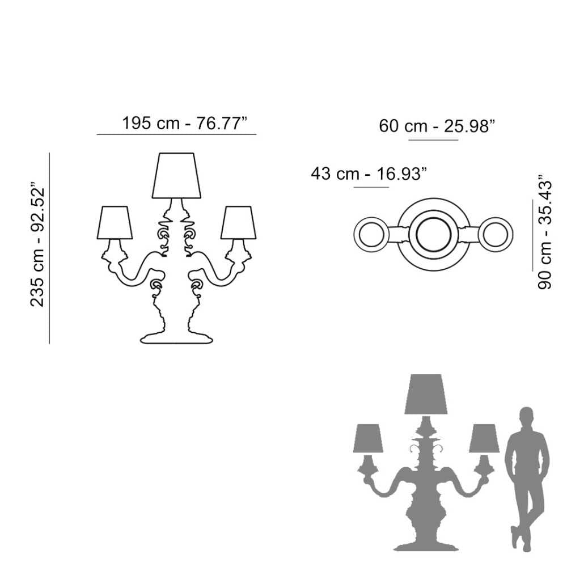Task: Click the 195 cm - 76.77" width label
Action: coord(184,123)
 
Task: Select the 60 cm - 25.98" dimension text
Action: coord(437,126)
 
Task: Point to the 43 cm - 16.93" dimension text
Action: coord(369,174)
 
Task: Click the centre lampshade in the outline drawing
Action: coord(176,176)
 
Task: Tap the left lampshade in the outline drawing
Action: coord(115,222)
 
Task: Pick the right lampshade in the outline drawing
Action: coord(238,222)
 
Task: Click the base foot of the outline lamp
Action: coord(176,338)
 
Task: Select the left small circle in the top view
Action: coord(371,234)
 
